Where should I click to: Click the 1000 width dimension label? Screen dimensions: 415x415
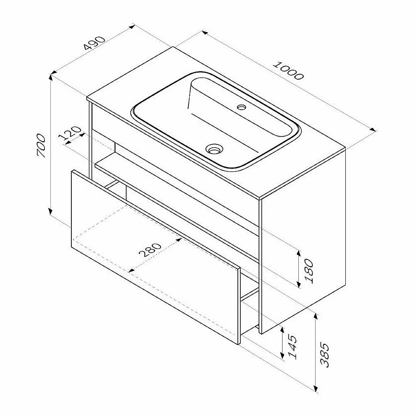288,71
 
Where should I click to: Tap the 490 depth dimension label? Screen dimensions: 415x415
94,43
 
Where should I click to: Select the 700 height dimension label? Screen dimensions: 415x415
41,146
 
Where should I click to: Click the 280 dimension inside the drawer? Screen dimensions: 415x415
150,250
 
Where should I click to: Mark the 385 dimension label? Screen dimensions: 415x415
325,355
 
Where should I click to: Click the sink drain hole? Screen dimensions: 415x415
215,149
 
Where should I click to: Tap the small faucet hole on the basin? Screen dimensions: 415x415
242,107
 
